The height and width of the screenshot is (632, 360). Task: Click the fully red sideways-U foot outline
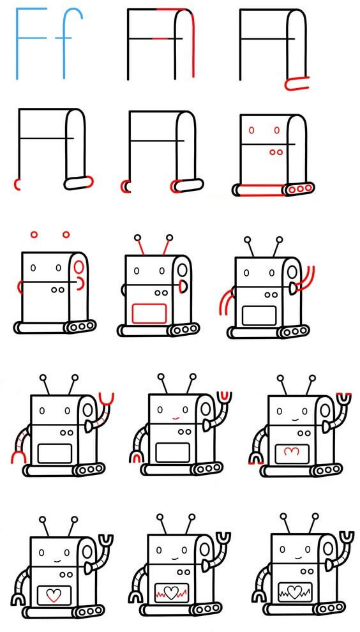(297, 82)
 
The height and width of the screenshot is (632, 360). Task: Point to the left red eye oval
(251, 130)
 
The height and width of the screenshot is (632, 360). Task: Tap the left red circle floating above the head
(34, 235)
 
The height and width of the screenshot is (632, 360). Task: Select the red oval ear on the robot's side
(78, 265)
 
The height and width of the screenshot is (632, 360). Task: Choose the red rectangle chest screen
(149, 313)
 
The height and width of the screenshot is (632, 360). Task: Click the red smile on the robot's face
(174, 418)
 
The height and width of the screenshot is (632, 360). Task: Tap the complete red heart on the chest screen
(54, 595)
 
